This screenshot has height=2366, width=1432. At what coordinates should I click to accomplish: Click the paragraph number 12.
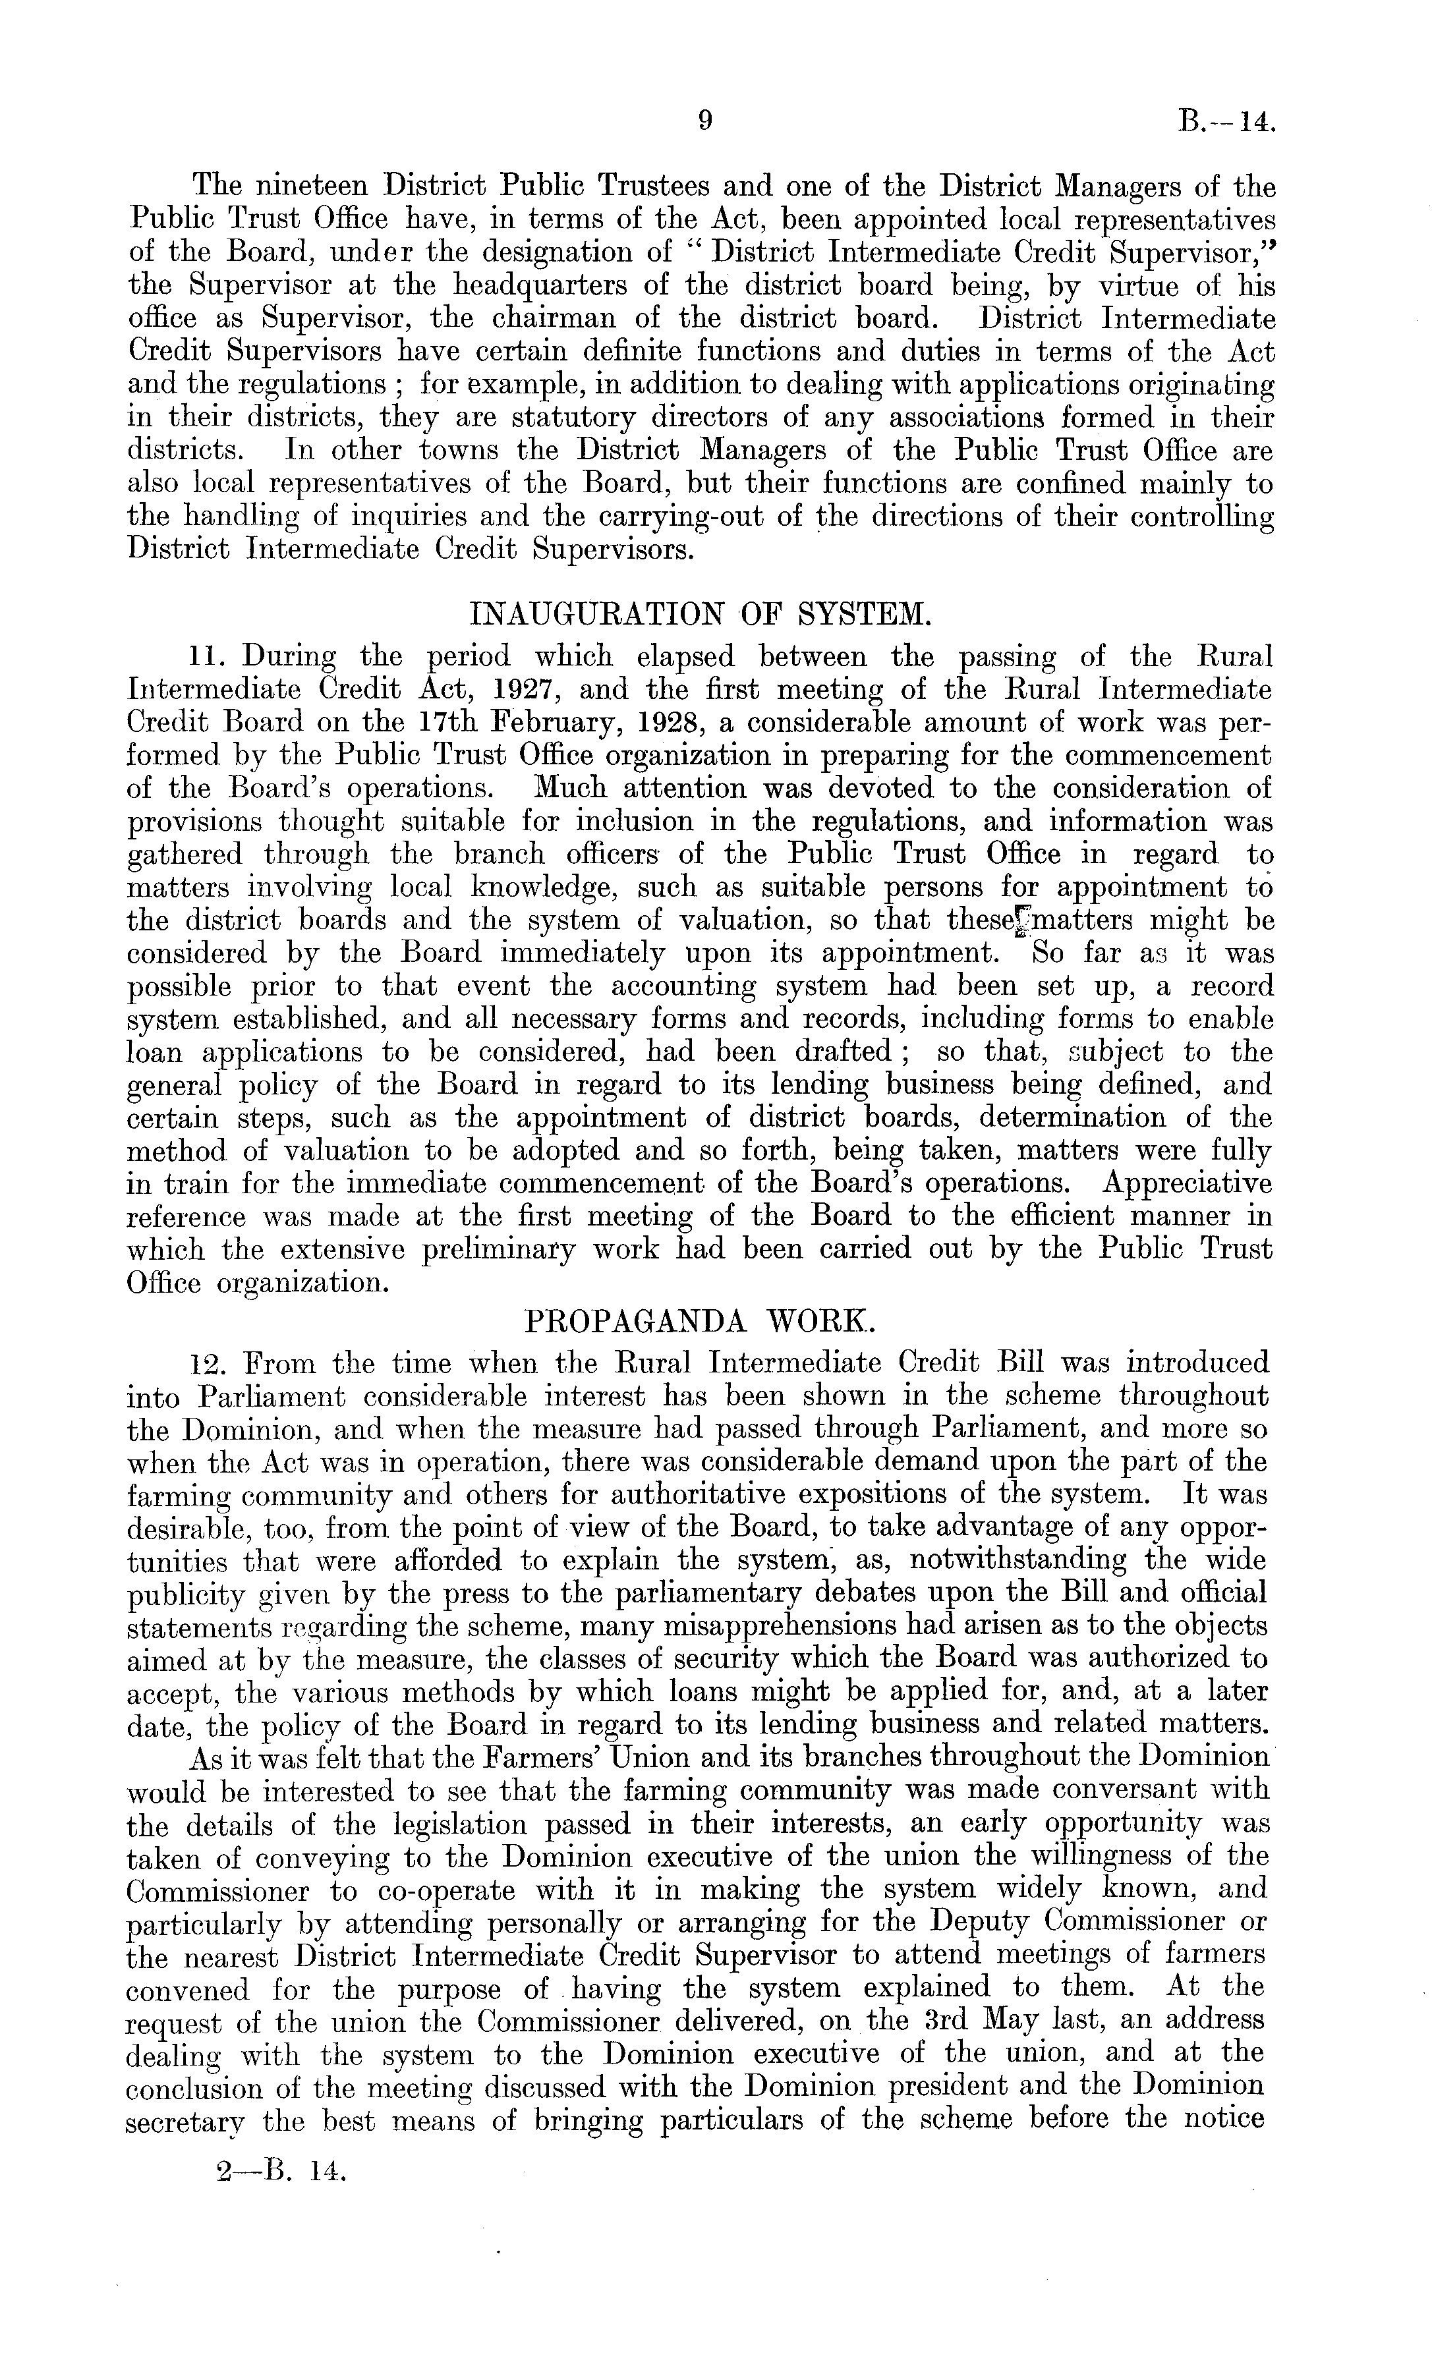[x=210, y=1363]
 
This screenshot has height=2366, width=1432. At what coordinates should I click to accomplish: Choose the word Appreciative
[x=1187, y=1183]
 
